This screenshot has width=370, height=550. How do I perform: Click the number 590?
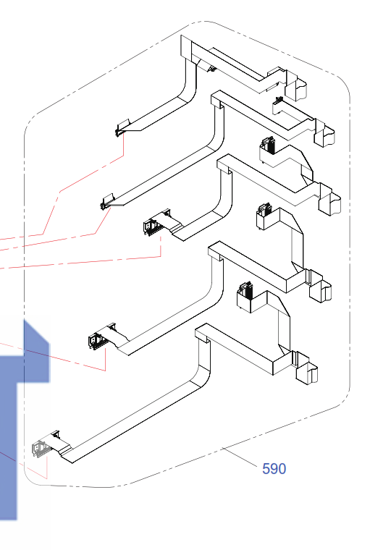click(x=274, y=469)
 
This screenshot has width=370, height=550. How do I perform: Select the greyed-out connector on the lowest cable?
click(x=40, y=449)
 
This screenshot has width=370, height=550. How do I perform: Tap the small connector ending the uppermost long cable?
click(x=122, y=127)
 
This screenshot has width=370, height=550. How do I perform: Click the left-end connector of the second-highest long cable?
click(x=107, y=202)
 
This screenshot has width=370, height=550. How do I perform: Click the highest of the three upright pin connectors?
click(x=268, y=145)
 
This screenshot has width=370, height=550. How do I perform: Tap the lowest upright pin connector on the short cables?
click(x=245, y=289)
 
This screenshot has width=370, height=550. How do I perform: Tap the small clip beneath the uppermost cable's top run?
click(x=211, y=69)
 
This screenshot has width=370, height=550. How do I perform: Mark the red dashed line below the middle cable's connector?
click(x=161, y=247)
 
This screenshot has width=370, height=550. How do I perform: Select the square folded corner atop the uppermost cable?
click(x=186, y=48)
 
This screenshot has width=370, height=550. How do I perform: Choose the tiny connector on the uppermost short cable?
click(x=279, y=101)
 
